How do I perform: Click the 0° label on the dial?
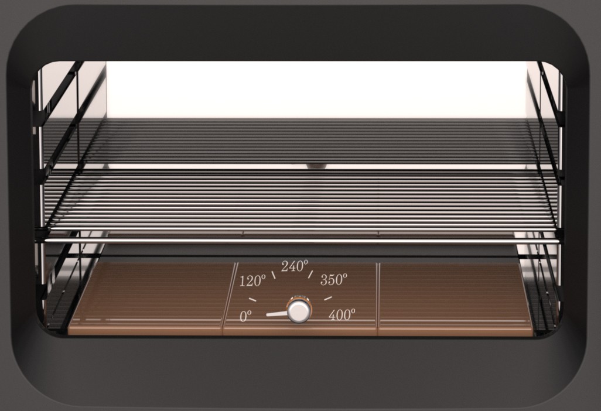point(245,317)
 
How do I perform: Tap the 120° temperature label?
point(252,281)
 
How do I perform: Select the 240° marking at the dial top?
point(295,266)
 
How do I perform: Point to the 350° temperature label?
point(334,280)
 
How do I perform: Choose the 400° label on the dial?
point(342,315)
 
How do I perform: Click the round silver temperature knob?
point(299,310)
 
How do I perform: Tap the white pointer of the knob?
point(276,314)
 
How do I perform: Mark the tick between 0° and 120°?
point(252,299)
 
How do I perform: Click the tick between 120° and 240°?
point(274,275)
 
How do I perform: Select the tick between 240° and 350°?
point(310,274)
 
